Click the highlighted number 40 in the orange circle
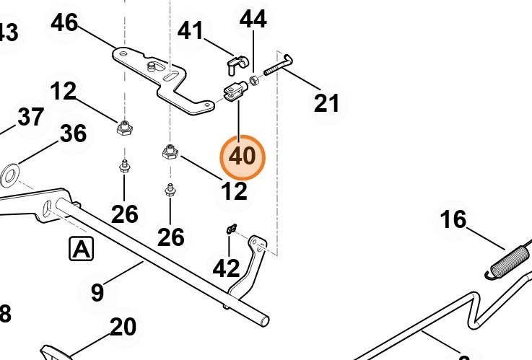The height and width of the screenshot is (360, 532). point(243,156)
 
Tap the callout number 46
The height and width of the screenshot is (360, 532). point(64,23)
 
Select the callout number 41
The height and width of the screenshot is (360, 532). point(191,31)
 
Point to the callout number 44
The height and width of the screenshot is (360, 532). point(253,19)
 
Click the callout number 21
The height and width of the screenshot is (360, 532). point(326,103)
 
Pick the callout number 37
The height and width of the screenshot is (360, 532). point(30,116)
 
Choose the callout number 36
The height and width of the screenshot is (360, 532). point(73,133)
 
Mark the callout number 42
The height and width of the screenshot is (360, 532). point(226,268)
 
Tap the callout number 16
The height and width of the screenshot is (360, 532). point(453,219)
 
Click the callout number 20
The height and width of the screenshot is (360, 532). point(123,328)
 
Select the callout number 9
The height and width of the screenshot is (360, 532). point(97,293)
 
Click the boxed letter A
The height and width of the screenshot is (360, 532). point(82,250)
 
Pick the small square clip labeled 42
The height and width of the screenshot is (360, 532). point(232,229)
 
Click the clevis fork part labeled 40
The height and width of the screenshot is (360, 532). point(235,91)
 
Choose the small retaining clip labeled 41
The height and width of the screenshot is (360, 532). point(232,64)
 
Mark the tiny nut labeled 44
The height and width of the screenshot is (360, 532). point(256,77)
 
